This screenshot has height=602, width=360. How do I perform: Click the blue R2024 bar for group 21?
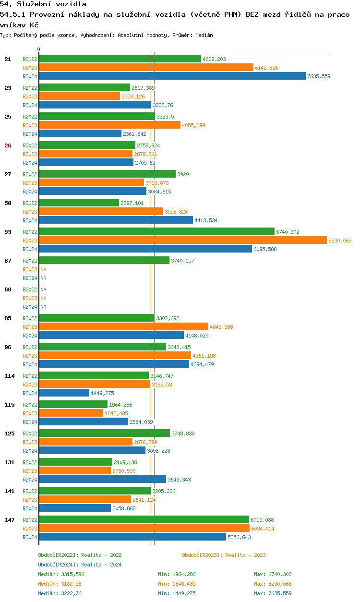(172, 76)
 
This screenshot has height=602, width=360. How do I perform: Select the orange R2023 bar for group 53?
(182, 240)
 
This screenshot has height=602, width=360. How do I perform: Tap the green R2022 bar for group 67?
(104, 260)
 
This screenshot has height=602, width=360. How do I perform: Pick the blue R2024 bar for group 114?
(64, 393)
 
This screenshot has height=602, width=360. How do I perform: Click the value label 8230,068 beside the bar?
(340, 241)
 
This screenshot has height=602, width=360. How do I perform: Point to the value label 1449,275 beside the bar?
(102, 393)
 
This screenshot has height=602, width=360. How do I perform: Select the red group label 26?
(8, 145)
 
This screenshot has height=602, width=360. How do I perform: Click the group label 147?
(9, 520)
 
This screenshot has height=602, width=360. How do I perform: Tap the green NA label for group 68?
(43, 289)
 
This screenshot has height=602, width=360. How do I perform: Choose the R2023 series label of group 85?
(30, 327)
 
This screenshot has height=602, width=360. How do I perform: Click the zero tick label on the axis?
(39, 49)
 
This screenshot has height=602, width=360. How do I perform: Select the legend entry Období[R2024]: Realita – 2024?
(80, 565)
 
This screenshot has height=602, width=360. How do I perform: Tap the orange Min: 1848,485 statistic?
(177, 584)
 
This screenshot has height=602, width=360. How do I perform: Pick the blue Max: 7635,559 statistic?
(273, 593)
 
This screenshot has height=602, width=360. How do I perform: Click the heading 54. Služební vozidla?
(43, 4)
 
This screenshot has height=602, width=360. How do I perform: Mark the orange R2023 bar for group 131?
(75, 470)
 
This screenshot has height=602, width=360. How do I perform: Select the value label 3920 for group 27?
(183, 174)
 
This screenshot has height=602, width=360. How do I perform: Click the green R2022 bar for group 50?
(79, 203)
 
